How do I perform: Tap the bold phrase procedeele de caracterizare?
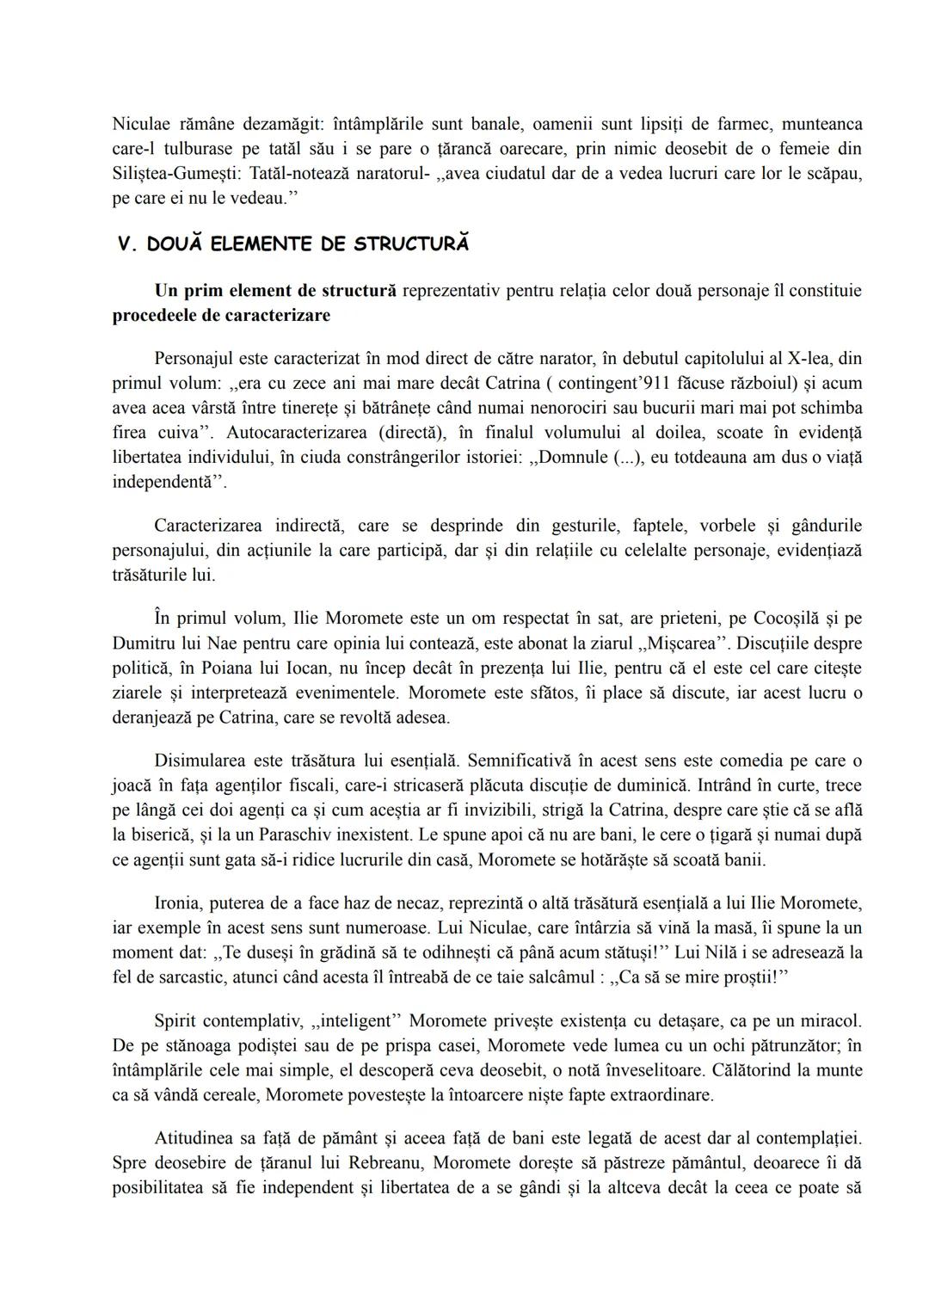[221, 315]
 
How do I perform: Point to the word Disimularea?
[199, 761]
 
